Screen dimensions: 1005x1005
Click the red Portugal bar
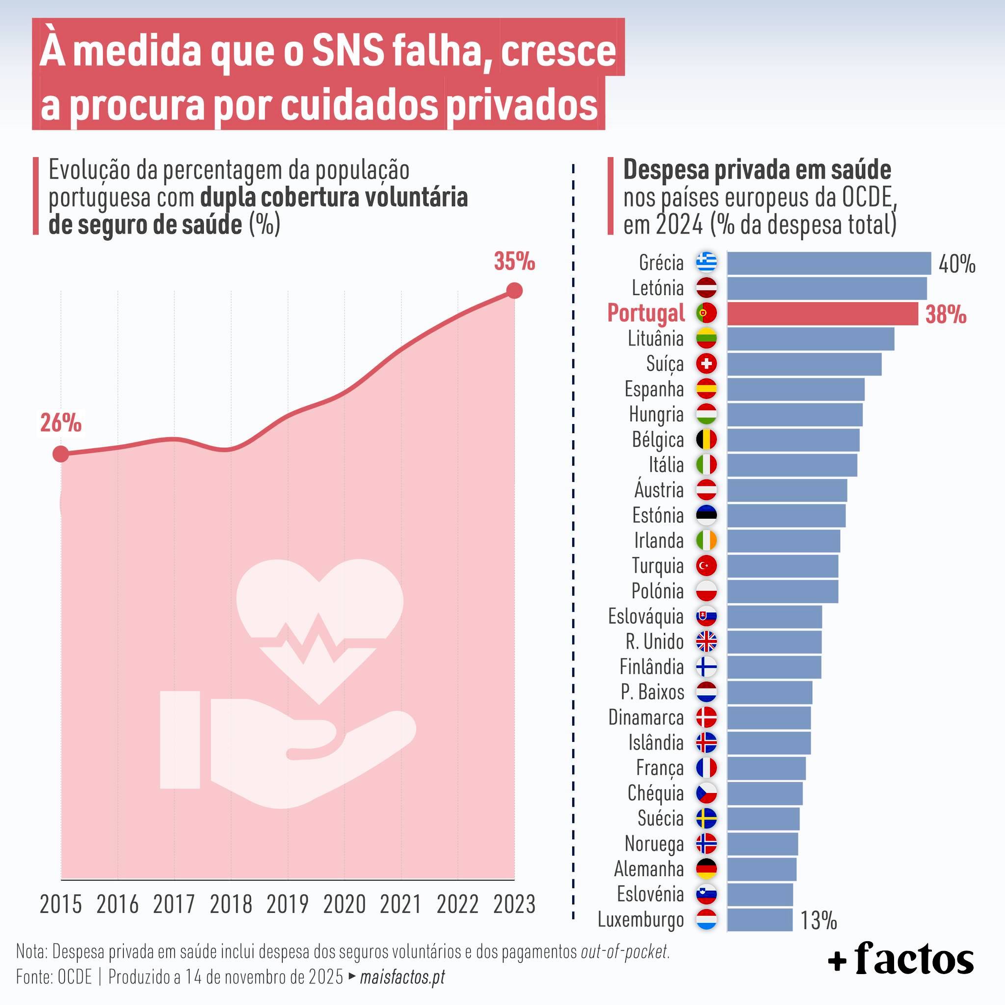click(822, 314)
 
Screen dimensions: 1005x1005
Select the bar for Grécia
click(828, 263)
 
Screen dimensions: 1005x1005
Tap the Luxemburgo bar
click(760, 920)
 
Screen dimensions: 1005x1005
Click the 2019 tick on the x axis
click(287, 904)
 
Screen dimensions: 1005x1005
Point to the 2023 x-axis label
click(514, 904)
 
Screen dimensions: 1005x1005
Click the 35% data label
click(514, 262)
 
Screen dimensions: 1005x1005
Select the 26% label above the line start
click(61, 423)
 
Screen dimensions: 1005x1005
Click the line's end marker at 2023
click(514, 291)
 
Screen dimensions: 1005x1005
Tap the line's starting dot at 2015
click(61, 454)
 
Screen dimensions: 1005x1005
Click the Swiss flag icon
click(707, 364)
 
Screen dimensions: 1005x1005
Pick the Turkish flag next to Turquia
click(707, 565)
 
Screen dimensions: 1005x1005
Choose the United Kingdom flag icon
click(707, 641)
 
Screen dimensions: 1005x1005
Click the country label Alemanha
click(649, 869)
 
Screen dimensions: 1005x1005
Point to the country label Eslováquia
click(646, 616)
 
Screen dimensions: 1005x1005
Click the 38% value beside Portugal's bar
click(945, 315)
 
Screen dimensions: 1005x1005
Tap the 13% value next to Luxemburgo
click(818, 921)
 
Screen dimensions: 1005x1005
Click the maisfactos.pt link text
click(402, 977)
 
